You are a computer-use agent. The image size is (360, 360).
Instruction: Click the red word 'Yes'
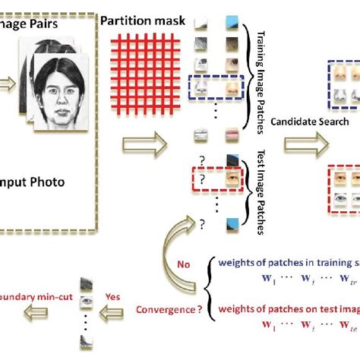(134, 297)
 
